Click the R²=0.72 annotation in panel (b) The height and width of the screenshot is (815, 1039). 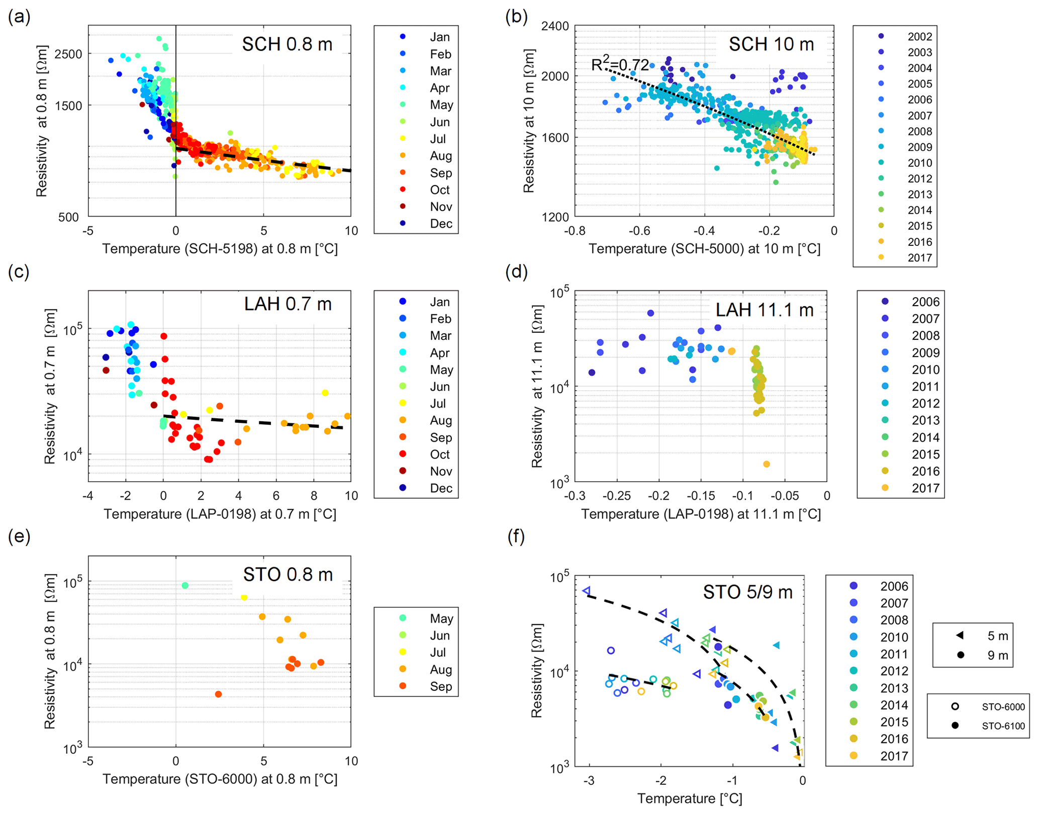[620, 64]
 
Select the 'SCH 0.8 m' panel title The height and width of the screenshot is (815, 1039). [287, 44]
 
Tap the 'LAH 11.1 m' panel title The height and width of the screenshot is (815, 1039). [764, 310]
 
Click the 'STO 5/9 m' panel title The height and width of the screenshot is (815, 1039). [747, 592]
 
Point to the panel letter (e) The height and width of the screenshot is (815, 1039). [19, 536]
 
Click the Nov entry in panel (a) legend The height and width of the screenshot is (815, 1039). [440, 207]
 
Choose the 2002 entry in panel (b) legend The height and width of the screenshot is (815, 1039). [919, 37]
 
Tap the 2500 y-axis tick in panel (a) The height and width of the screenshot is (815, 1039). [68, 54]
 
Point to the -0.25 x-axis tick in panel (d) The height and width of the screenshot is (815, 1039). [617, 496]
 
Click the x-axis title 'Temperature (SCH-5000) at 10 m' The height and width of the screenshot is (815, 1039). [704, 249]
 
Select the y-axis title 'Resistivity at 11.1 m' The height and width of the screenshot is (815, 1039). [537, 386]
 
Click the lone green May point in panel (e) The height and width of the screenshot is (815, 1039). [185, 586]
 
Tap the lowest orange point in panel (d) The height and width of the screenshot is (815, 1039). [767, 464]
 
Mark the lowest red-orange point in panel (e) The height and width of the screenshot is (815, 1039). [218, 694]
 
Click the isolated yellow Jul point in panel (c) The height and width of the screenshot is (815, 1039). [325, 393]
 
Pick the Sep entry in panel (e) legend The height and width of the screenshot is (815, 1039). [440, 686]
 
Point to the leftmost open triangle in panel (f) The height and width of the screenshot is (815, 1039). [586, 591]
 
